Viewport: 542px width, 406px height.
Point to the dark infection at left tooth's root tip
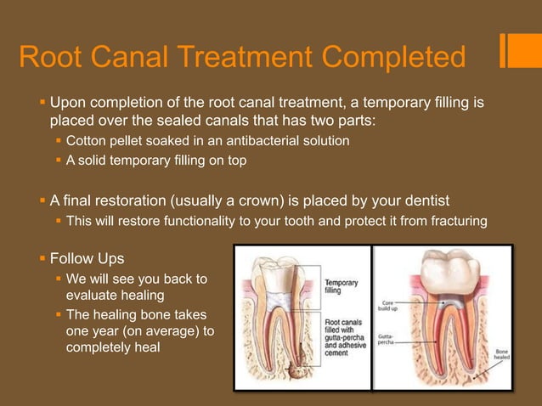click(x=297, y=371)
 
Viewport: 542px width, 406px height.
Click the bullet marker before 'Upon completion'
click(x=42, y=103)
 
